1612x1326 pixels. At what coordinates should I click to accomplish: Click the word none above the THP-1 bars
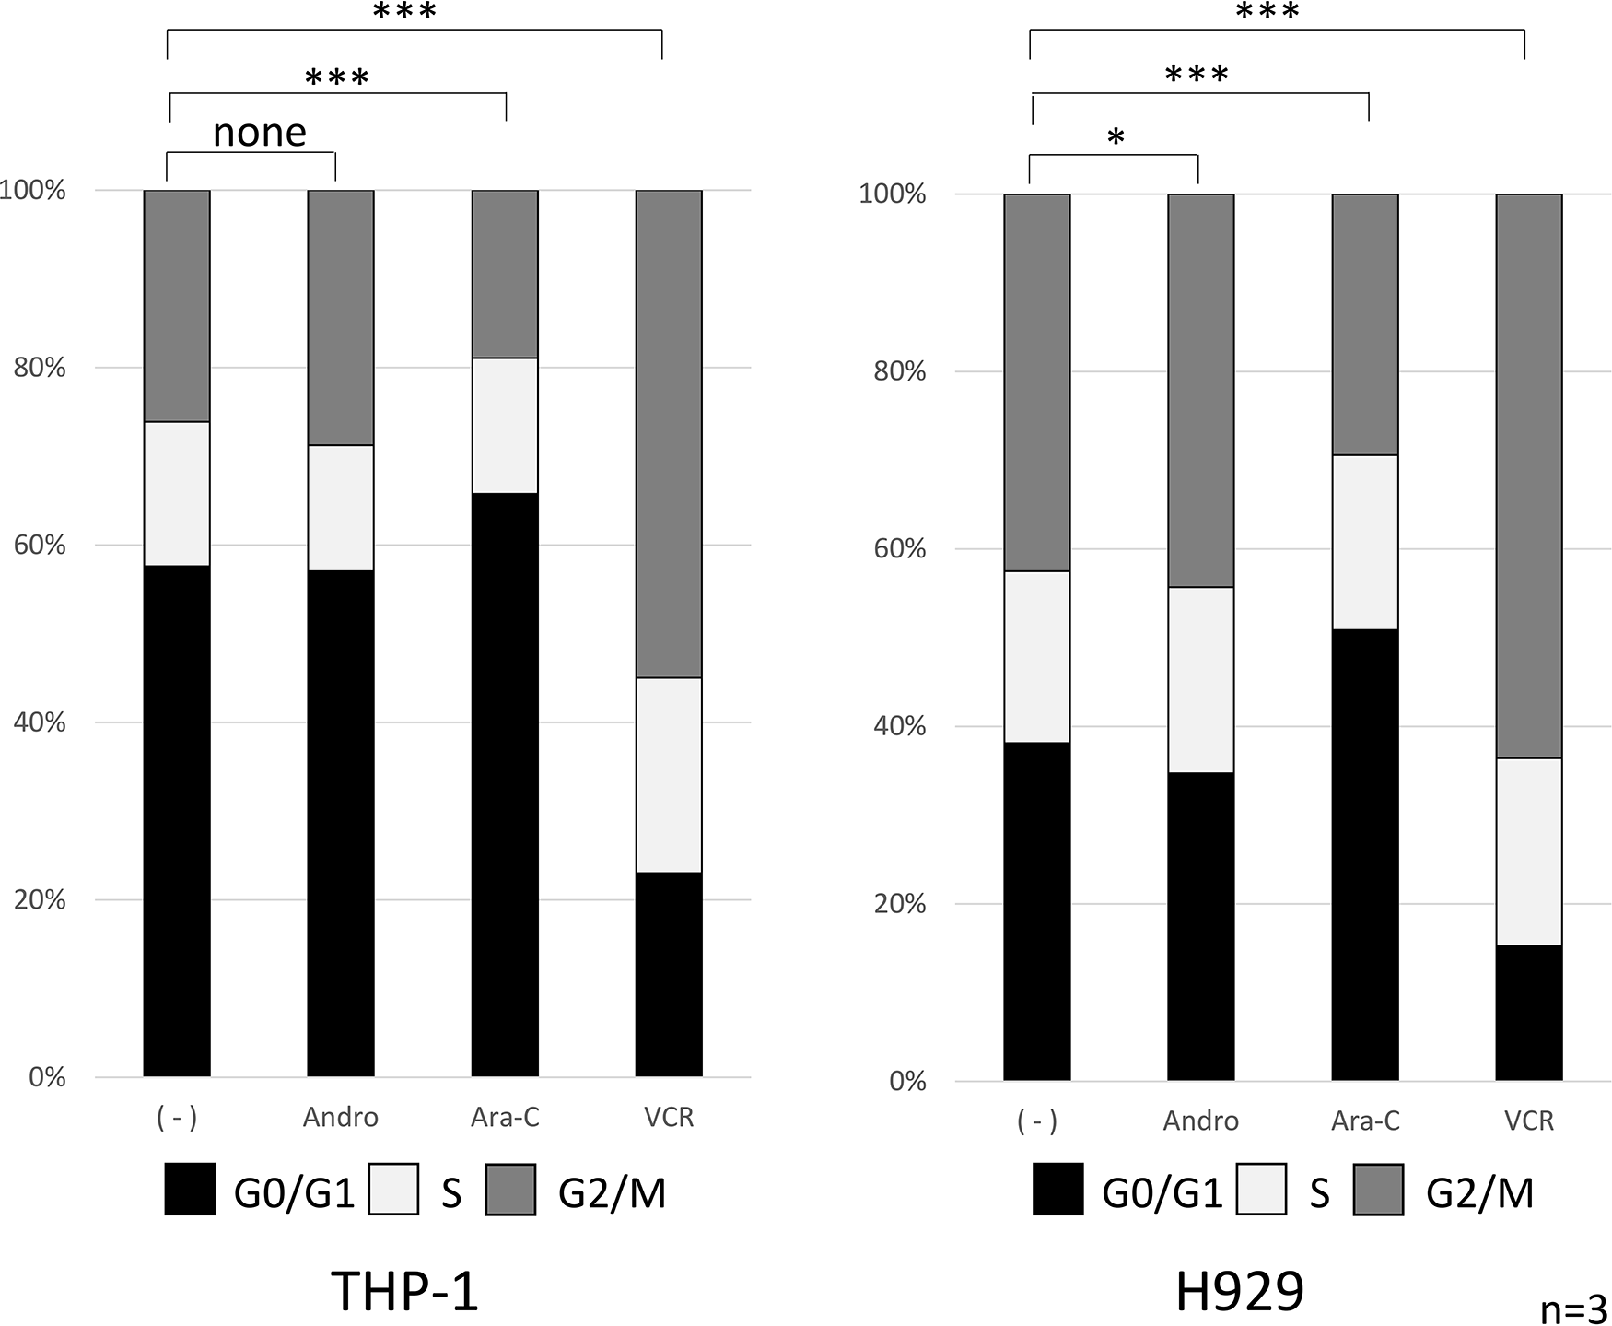[x=260, y=134]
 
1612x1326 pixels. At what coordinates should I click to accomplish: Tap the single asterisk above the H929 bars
[x=1116, y=139]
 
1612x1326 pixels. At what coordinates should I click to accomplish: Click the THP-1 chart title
[x=404, y=1291]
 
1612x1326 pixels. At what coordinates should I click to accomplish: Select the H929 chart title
[x=1240, y=1291]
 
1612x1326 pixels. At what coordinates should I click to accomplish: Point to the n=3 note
[x=1573, y=1309]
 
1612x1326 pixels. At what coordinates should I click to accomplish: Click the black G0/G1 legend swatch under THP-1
[x=190, y=1190]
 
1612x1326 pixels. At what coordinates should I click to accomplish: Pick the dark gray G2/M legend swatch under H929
[x=1379, y=1190]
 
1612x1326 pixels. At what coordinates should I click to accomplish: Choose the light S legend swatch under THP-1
[x=393, y=1190]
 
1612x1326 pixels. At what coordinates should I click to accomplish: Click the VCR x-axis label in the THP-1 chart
[x=669, y=1118]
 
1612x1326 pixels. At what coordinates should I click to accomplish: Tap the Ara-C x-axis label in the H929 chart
[x=1365, y=1121]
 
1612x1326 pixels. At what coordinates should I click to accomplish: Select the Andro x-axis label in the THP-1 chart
[x=341, y=1118]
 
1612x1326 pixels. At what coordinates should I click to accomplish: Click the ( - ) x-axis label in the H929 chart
[x=1037, y=1121]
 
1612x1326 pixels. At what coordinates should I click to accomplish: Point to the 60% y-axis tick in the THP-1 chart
[x=40, y=545]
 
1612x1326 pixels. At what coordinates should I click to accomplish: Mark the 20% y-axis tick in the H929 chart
[x=900, y=904]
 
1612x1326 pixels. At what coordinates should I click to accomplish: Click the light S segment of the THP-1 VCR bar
[x=669, y=775]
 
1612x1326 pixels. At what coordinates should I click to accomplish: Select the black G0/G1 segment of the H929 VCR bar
[x=1529, y=1013]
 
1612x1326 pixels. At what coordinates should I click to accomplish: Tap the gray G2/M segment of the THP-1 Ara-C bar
[x=505, y=274]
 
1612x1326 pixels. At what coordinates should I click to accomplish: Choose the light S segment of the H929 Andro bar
[x=1201, y=679]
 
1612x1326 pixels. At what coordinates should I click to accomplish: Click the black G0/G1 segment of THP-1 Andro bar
[x=341, y=823]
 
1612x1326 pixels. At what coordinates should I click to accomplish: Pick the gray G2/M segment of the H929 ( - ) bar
[x=1037, y=382]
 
